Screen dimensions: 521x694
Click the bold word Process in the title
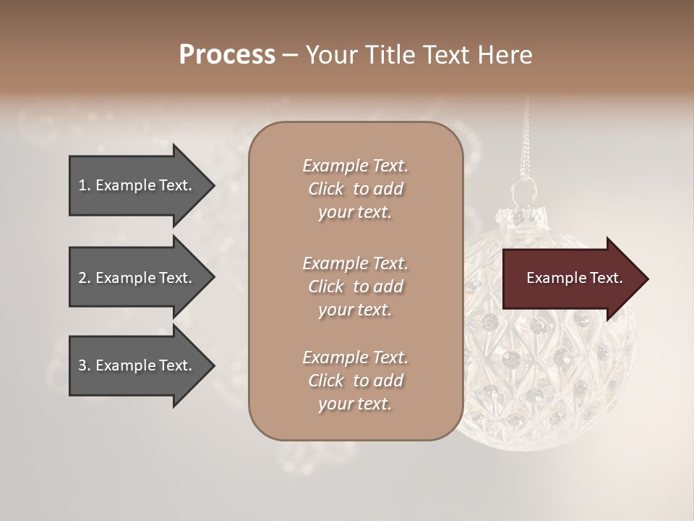pyautogui.click(x=227, y=55)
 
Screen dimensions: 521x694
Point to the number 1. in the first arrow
pyautogui.click(x=85, y=185)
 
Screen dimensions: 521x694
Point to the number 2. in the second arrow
pyautogui.click(x=85, y=278)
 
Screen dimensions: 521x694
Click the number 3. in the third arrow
pyautogui.click(x=85, y=365)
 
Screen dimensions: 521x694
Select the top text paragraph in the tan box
pyautogui.click(x=355, y=189)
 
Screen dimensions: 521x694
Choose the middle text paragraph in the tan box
pyautogui.click(x=355, y=287)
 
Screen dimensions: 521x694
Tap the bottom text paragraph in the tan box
pyautogui.click(x=355, y=381)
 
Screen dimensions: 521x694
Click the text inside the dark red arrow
pyautogui.click(x=575, y=279)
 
